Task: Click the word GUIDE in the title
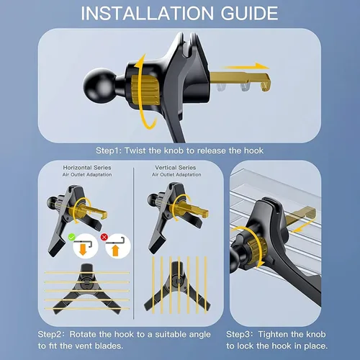click(x=249, y=13)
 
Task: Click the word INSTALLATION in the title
click(x=147, y=13)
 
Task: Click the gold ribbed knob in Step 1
click(x=145, y=91)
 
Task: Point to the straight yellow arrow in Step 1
click(x=245, y=66)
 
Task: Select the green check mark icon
click(x=72, y=237)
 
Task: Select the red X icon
click(x=104, y=237)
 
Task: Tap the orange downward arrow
click(x=83, y=250)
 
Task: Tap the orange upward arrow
click(x=115, y=251)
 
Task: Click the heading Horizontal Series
click(x=87, y=168)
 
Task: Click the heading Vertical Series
click(x=176, y=168)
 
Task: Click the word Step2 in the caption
click(x=51, y=335)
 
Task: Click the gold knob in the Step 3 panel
click(x=257, y=248)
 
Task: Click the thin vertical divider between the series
click(x=134, y=243)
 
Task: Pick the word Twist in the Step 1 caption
click(x=135, y=150)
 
